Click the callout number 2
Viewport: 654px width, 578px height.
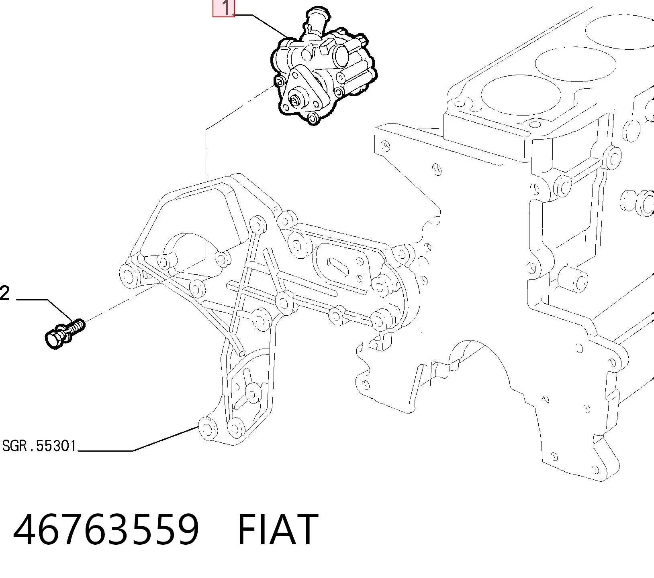pyautogui.click(x=4, y=294)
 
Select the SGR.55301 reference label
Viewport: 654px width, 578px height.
pyautogui.click(x=39, y=446)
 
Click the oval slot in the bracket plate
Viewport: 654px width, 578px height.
pyautogui.click(x=338, y=266)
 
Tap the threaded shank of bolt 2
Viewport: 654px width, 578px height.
pyautogui.click(x=76, y=327)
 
